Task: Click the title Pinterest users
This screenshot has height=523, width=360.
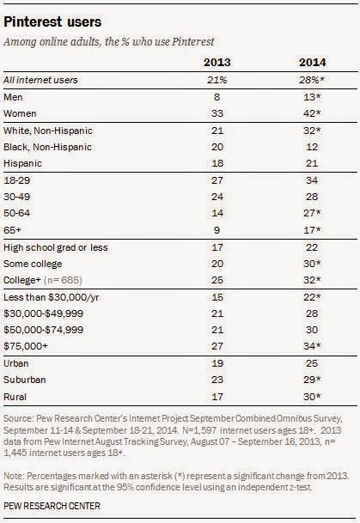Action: [x=52, y=22]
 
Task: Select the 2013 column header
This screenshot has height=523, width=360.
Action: [x=217, y=63]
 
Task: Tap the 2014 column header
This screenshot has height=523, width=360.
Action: [x=313, y=63]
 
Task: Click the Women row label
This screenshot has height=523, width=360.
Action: [x=20, y=113]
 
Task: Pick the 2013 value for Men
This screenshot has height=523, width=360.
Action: [x=217, y=97]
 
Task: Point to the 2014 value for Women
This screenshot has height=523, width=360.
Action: [x=312, y=113]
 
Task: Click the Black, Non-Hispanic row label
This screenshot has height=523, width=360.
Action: [x=47, y=147]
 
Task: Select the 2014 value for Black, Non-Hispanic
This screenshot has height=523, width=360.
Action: [x=312, y=147]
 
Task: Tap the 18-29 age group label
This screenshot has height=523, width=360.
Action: [x=16, y=180]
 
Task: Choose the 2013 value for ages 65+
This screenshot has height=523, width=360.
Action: [x=217, y=230]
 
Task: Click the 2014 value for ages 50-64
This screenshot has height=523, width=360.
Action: [x=312, y=213]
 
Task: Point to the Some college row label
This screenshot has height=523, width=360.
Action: [x=33, y=264]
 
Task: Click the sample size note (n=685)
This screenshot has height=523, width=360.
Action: [x=63, y=280]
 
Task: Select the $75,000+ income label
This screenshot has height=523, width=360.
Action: [x=26, y=346]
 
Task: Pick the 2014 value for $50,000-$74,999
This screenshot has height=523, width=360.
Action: [x=312, y=330]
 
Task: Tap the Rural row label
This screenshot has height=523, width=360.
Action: [x=15, y=397]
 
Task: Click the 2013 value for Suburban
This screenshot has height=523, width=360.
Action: [x=217, y=380]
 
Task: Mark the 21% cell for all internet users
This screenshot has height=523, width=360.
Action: [x=217, y=80]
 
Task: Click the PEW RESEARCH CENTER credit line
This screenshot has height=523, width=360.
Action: [x=52, y=506]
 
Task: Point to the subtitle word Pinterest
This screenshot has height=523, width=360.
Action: [x=192, y=42]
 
